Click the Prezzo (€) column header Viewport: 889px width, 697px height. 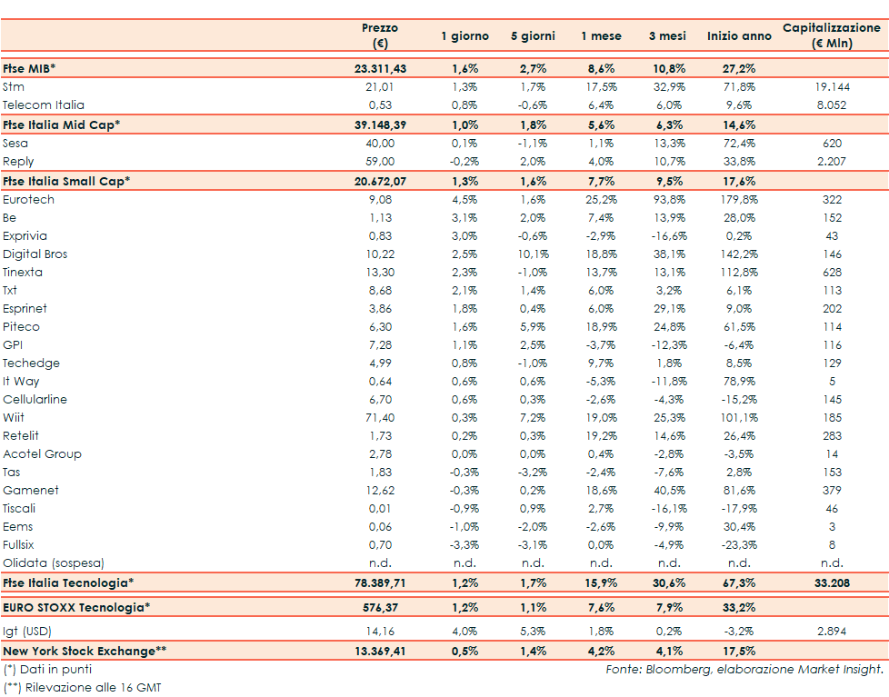click(x=379, y=35)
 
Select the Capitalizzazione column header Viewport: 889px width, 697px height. click(x=831, y=35)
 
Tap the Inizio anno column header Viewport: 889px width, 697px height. click(x=738, y=36)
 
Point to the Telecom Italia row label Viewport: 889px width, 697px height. click(x=44, y=105)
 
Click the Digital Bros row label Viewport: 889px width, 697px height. click(x=35, y=254)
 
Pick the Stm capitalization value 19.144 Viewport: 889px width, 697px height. click(x=832, y=86)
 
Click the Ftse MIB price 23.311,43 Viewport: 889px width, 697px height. click(x=379, y=68)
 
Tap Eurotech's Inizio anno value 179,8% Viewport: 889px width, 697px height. click(x=738, y=199)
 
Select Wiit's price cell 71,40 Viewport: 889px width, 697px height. click(x=379, y=417)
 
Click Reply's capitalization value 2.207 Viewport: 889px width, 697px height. click(x=832, y=161)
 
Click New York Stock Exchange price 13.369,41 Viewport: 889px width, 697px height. click(x=379, y=651)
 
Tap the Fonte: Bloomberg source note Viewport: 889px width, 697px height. click(x=744, y=670)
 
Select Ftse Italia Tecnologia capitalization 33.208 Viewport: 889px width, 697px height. click(x=832, y=582)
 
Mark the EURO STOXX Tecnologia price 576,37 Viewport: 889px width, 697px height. click(x=379, y=607)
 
